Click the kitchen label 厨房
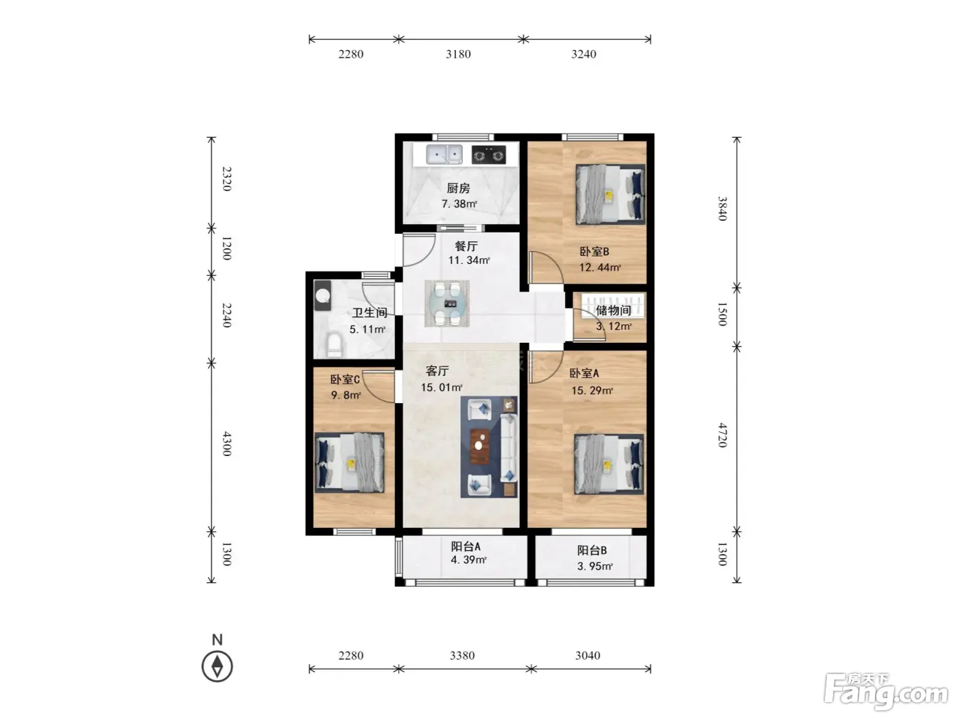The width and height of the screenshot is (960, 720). [x=458, y=189]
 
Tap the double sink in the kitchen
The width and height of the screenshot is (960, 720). [x=444, y=154]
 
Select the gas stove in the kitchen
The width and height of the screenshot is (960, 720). [x=488, y=155]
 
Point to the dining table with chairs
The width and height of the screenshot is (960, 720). [x=446, y=303]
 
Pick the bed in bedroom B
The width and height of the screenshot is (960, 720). [x=610, y=195]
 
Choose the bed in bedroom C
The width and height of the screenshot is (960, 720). [x=350, y=462]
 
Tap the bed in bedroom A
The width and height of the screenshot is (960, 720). [x=609, y=464]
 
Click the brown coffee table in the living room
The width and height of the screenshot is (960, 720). [x=480, y=446]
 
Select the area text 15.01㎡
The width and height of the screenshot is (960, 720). [x=442, y=387]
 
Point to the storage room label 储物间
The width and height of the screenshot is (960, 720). [x=614, y=311]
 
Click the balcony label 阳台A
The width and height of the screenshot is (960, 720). [x=466, y=547]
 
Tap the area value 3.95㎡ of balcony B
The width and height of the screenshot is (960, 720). [x=595, y=566]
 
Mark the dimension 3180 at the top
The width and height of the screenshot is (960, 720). [x=458, y=54]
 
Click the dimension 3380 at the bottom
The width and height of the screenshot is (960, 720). [x=462, y=656]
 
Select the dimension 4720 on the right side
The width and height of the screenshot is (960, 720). [x=723, y=435]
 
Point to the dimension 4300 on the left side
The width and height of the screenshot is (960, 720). [x=227, y=444]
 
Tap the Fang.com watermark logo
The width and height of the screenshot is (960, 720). [x=886, y=693]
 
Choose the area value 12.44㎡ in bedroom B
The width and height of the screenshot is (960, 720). [x=600, y=267]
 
